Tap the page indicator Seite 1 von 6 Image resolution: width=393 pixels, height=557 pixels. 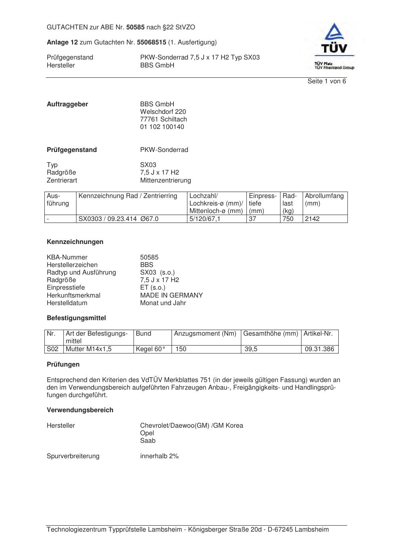point(326,81)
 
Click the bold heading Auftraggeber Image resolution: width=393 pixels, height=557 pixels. point(67,104)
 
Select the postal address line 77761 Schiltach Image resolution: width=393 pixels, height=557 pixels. point(163,119)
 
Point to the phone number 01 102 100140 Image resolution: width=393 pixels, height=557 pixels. point(162,127)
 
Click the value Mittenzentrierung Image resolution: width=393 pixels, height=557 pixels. point(165,181)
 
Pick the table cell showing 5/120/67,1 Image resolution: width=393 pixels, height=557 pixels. point(204,219)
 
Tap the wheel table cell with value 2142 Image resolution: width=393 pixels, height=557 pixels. point(312,219)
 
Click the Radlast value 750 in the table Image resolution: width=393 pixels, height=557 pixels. point(288,219)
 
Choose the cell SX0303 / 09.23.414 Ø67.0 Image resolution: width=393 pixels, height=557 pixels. point(118,219)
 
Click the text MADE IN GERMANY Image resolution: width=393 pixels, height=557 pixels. point(171,296)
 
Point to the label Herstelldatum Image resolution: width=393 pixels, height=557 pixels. point(67,303)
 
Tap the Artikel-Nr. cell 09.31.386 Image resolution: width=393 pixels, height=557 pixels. point(319,350)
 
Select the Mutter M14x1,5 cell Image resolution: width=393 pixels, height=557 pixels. point(89,350)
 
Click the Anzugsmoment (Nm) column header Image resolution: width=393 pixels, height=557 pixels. point(205,334)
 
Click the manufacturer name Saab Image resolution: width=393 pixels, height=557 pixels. point(148,441)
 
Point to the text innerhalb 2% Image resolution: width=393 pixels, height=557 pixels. point(159,456)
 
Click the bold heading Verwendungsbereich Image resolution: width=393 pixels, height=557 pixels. point(80,410)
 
